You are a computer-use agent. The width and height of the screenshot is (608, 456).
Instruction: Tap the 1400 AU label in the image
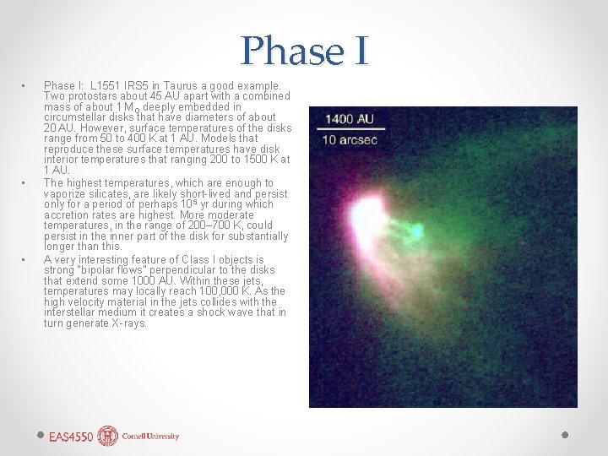coord(349,119)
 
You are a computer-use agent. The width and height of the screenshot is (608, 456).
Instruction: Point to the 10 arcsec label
coord(349,139)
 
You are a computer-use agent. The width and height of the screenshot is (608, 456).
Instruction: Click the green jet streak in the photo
coord(414,229)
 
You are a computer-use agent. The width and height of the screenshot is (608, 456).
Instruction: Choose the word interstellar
coord(72,312)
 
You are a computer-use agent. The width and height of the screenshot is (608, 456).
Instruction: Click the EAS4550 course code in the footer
coord(71,437)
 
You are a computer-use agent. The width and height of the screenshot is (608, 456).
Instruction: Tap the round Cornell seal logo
coord(108,436)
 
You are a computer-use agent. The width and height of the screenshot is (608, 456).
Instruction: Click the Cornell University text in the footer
coord(150,437)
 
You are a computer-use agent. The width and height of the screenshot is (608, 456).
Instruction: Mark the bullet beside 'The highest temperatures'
coord(25,182)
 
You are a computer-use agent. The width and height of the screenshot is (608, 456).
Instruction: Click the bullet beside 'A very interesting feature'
coord(25,260)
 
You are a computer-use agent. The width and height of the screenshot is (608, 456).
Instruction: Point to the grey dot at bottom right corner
coord(566,434)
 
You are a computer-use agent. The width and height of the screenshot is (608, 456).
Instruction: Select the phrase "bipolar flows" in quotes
coord(150,270)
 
